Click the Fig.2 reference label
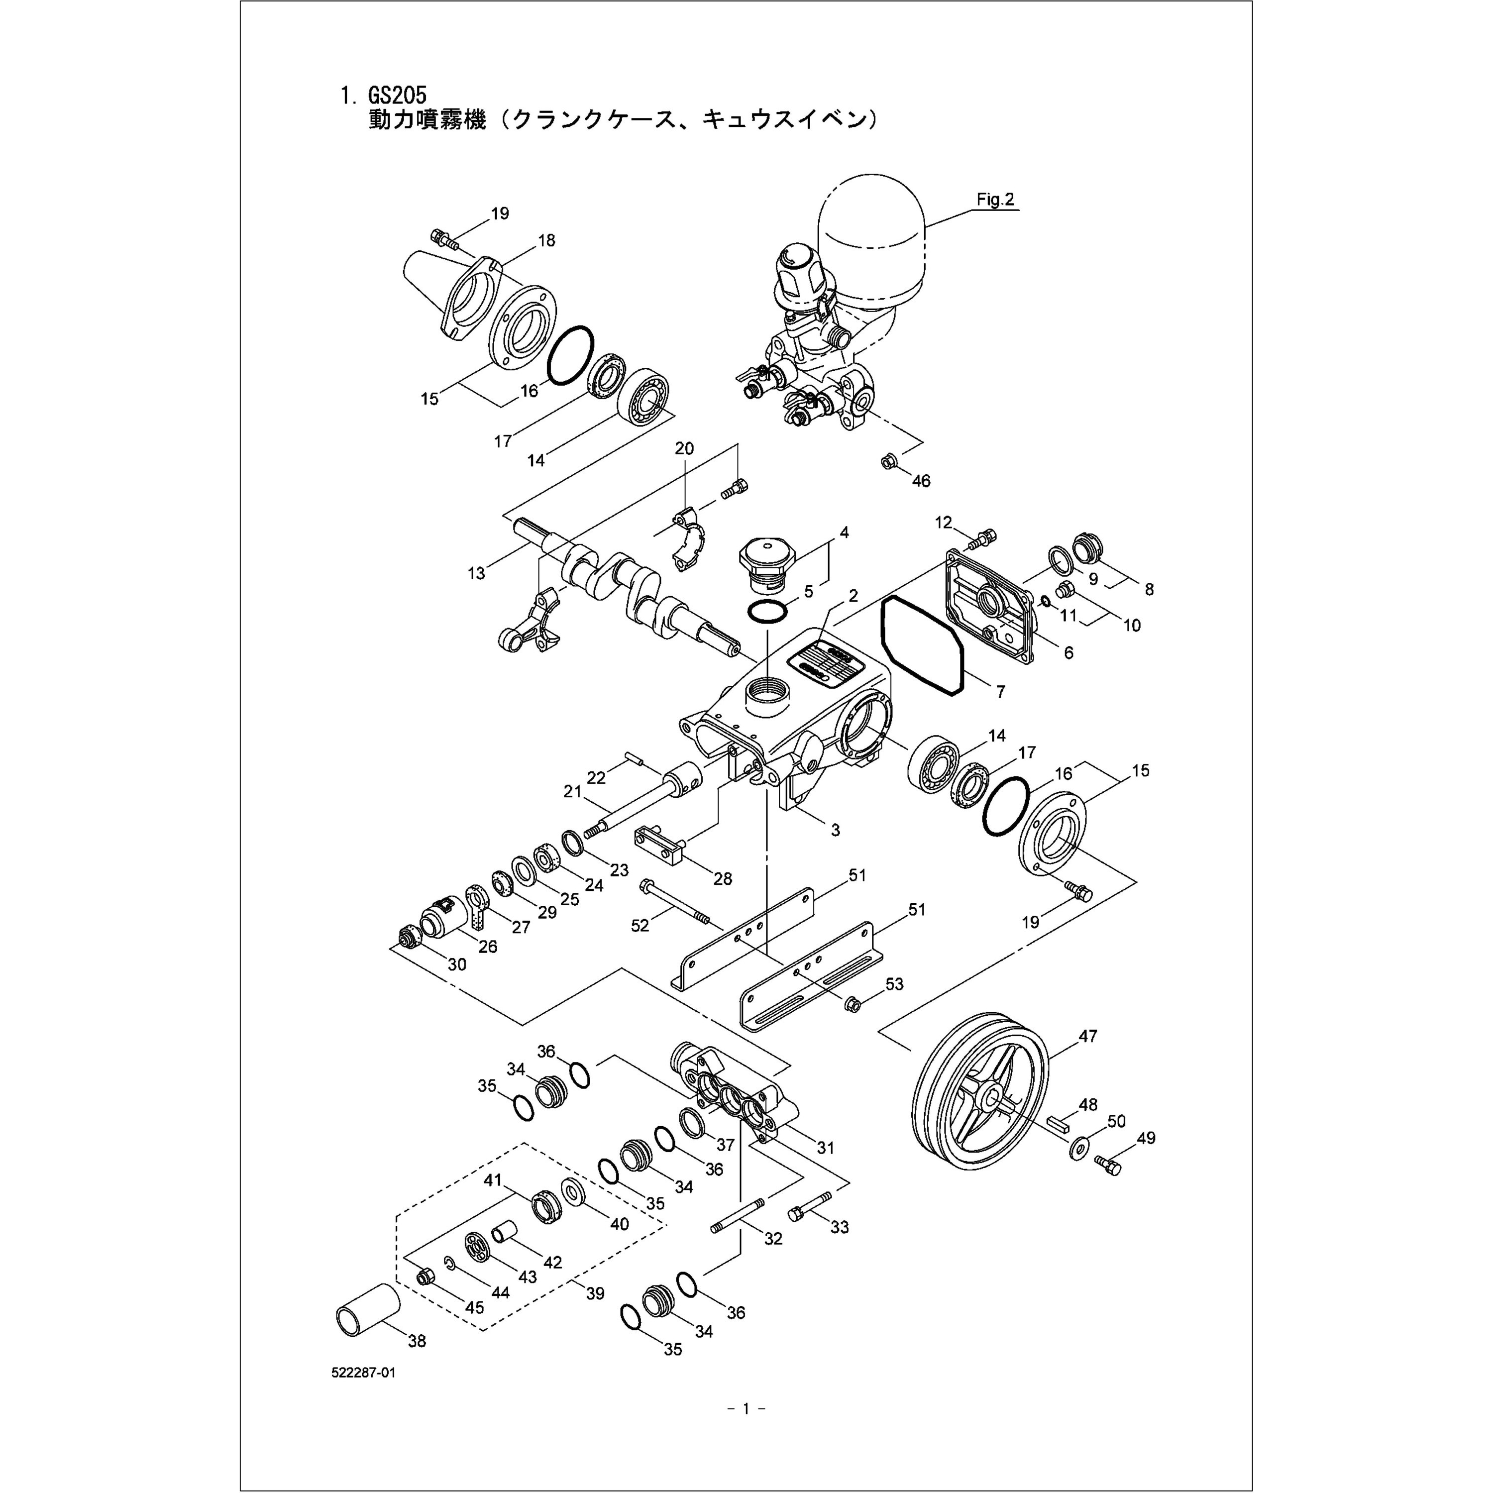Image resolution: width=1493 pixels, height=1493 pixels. [x=994, y=200]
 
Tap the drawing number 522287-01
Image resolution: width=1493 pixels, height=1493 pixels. [x=364, y=1373]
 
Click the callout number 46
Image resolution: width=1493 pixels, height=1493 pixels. [x=920, y=481]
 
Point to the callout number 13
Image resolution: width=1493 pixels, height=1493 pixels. [x=476, y=573]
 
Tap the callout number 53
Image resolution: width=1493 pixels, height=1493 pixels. [x=894, y=984]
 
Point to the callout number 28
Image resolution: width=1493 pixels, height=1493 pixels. [x=723, y=879]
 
